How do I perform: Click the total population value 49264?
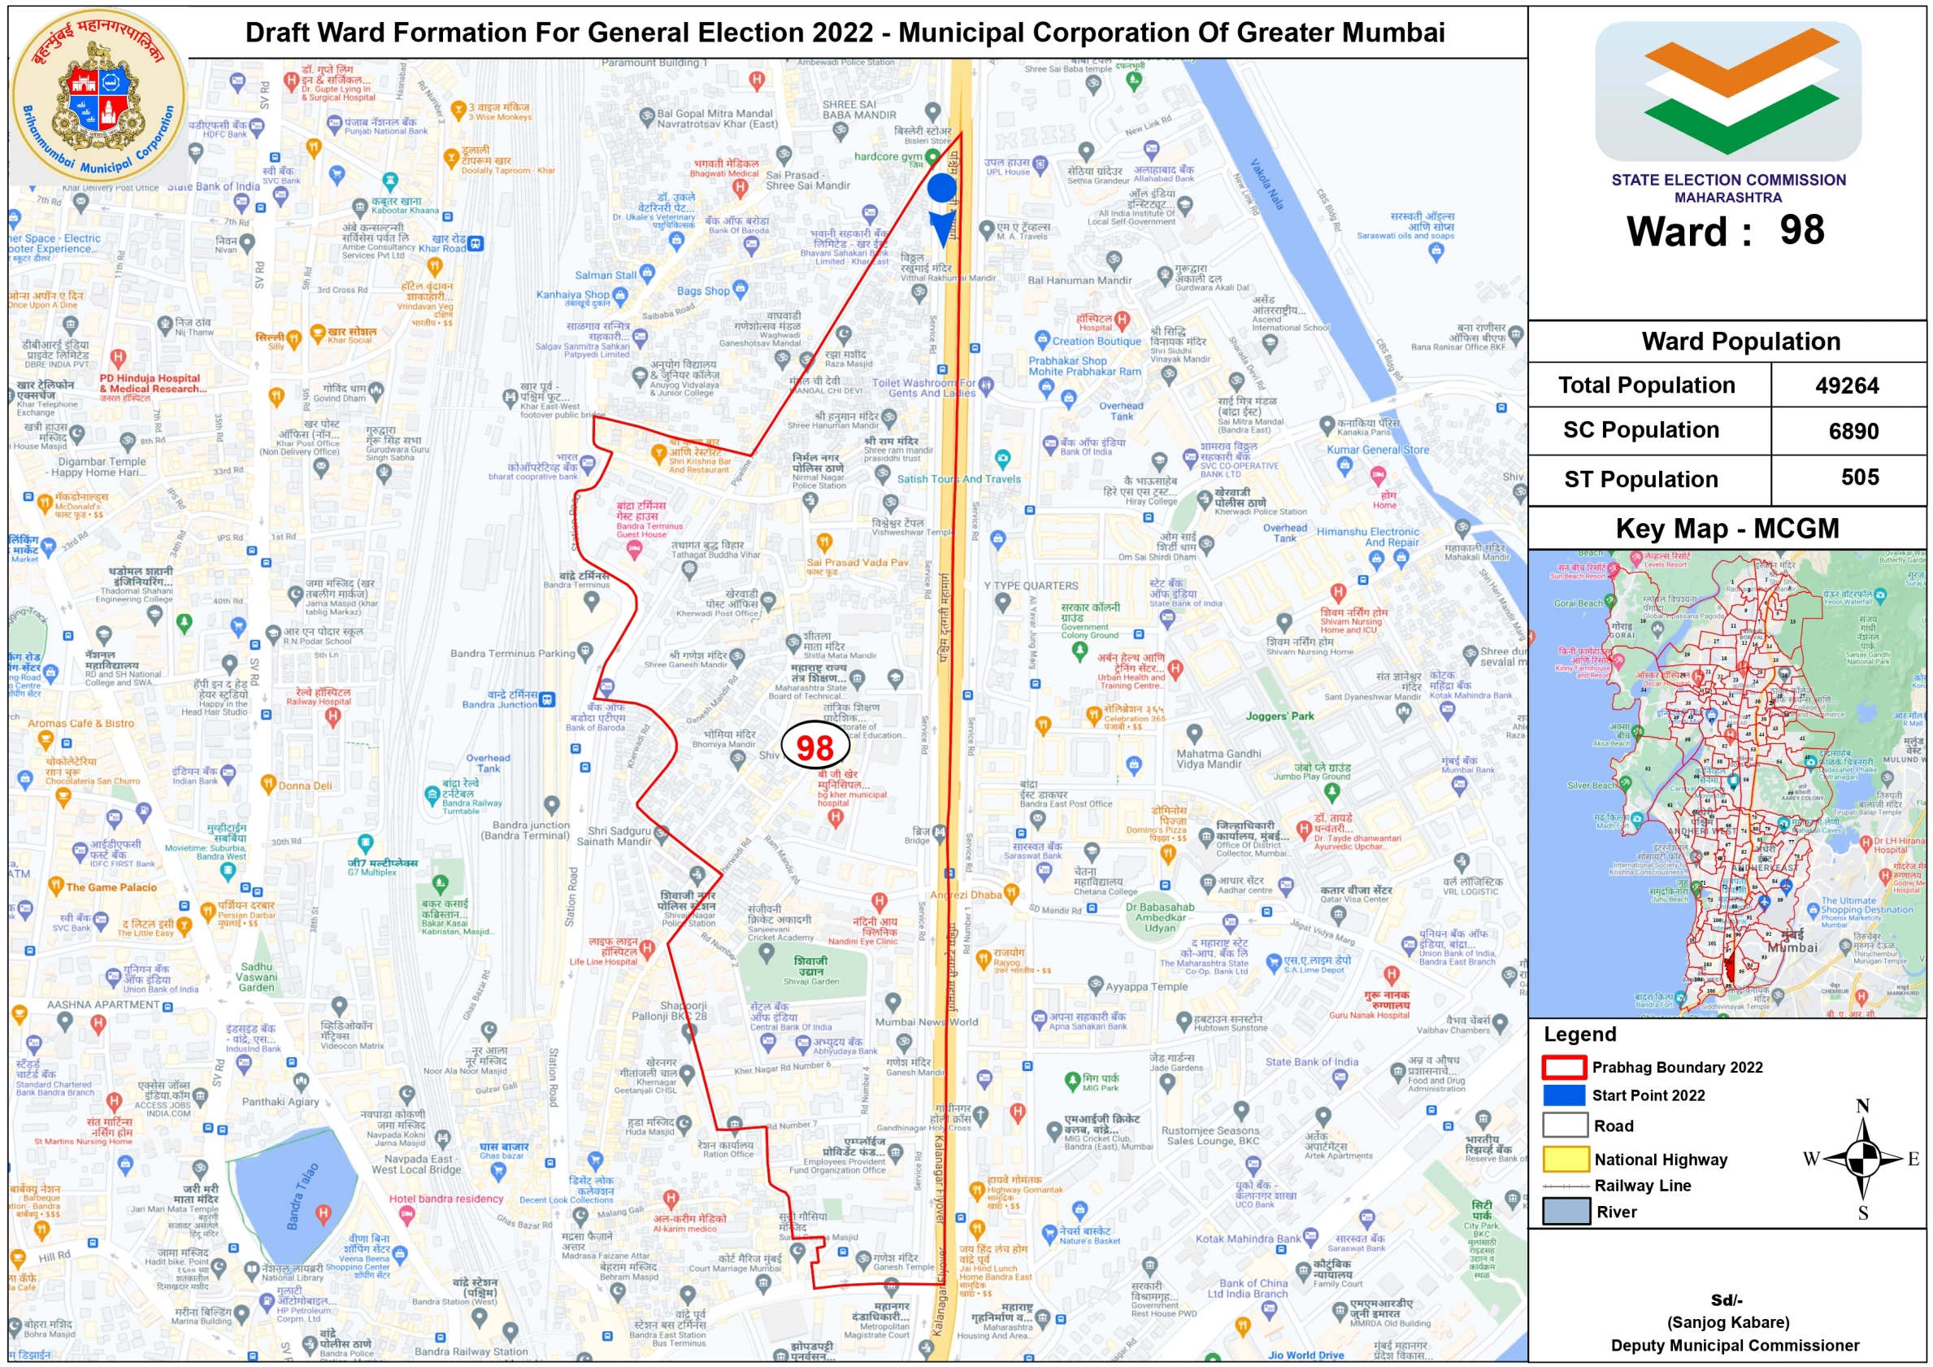click(1846, 385)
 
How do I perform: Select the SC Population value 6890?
click(1853, 431)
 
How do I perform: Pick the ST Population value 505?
click(1859, 477)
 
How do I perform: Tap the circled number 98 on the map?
click(814, 747)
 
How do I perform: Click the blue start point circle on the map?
click(941, 188)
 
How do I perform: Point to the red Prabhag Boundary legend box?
click(1563, 1067)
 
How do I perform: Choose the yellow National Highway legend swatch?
click(1565, 1159)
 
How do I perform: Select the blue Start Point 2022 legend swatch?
click(1563, 1095)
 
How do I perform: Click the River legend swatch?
click(1565, 1211)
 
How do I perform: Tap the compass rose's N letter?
click(1862, 1106)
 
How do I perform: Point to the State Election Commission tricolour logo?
click(1727, 91)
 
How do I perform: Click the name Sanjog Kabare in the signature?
click(1727, 1321)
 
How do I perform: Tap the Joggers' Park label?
click(1279, 716)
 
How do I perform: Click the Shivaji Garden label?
click(810, 970)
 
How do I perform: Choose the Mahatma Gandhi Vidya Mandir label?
click(1218, 759)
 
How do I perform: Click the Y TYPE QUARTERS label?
click(1031, 586)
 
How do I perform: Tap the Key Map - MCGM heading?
click(1727, 528)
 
